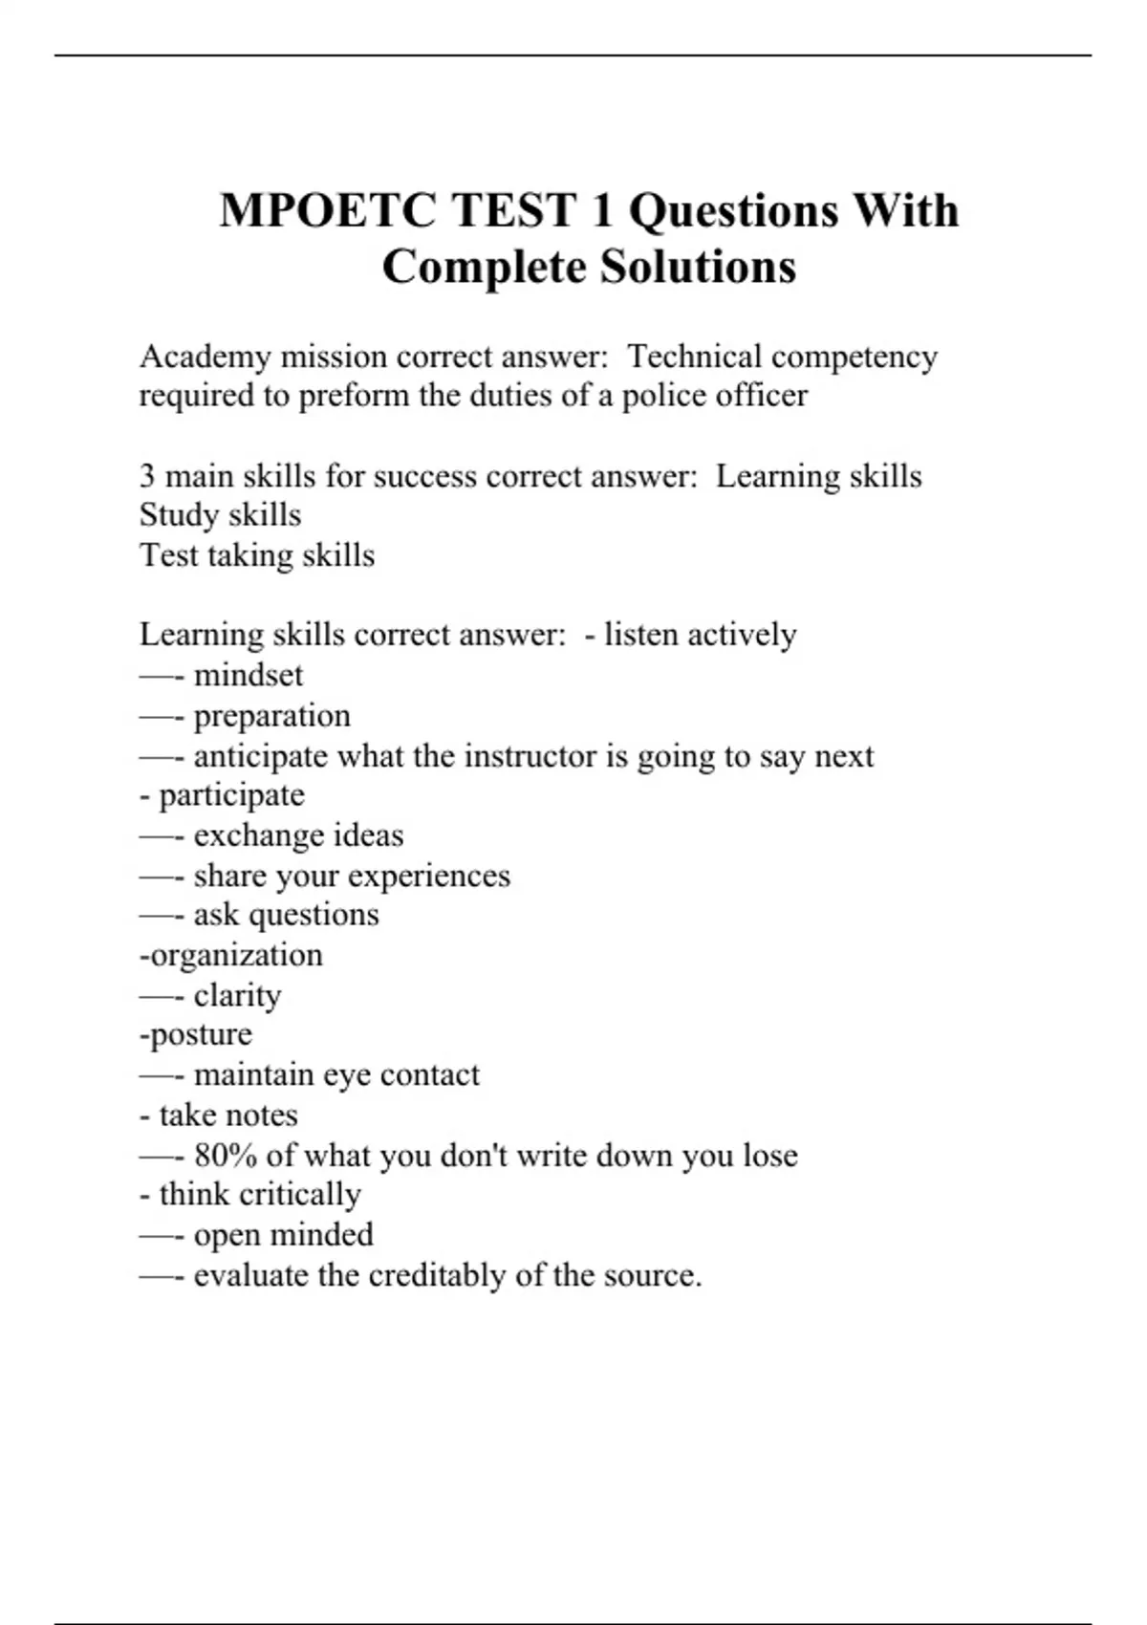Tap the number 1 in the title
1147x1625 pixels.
(601, 210)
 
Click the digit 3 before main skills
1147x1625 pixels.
(147, 476)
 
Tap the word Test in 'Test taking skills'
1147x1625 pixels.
(168, 555)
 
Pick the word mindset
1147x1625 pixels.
(249, 676)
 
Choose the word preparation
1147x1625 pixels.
(272, 717)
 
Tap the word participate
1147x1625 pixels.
(232, 796)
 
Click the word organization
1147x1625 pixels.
(237, 956)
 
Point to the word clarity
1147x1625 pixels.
(237, 996)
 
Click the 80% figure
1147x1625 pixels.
(226, 1156)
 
